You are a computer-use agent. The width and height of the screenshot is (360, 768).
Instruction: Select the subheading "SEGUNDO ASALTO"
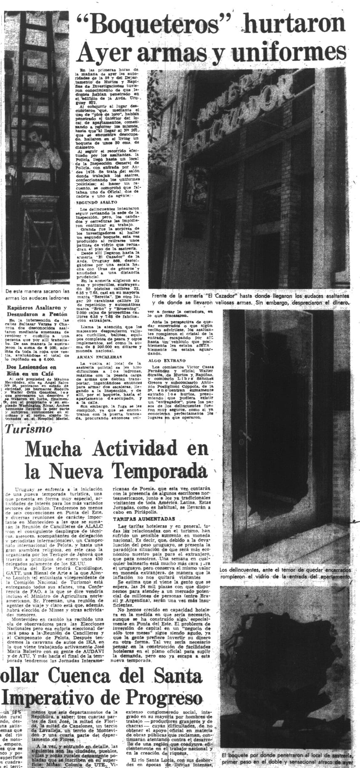pyautogui.click(x=96, y=202)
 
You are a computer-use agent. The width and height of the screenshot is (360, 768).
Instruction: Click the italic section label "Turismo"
pyautogui.click(x=29, y=429)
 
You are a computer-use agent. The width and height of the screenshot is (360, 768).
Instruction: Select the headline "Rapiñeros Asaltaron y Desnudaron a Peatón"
pyautogui.click(x=37, y=311)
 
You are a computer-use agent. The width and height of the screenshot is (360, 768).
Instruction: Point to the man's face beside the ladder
pyautogui.click(x=34, y=138)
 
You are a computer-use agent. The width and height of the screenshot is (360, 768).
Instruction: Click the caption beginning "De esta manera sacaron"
pyautogui.click(x=37, y=294)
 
